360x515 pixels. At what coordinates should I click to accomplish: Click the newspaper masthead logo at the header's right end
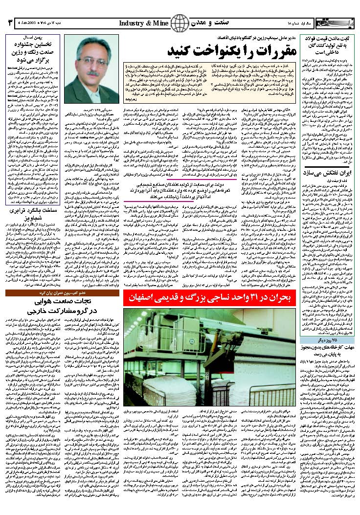[333, 23]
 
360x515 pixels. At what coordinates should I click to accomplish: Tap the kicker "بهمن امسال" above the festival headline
[33, 38]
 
